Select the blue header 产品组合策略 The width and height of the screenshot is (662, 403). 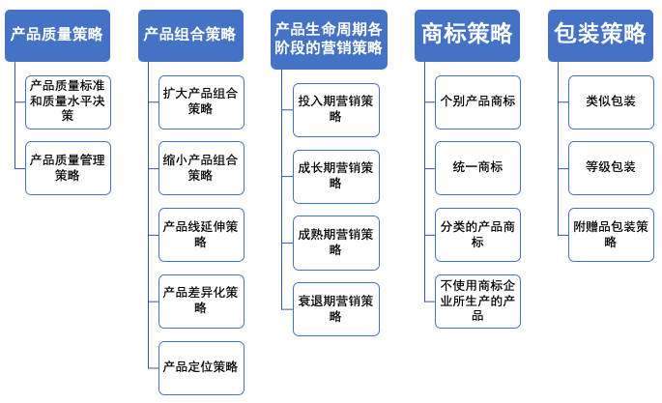pos(189,35)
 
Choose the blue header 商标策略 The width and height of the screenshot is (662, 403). pos(467,35)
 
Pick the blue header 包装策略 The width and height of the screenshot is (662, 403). pos(599,35)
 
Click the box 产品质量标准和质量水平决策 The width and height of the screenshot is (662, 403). pos(68,101)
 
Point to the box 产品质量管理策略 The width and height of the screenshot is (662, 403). pos(68,167)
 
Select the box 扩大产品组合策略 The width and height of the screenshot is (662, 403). pos(201,101)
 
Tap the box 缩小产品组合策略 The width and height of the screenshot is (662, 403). pos(201,167)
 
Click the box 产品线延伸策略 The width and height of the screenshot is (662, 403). pos(201,234)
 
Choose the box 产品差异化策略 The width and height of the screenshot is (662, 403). pos(201,301)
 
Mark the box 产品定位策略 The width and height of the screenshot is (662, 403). pos(201,367)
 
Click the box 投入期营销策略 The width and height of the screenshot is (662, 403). pos(335,108)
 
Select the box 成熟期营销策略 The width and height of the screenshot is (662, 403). pos(335,242)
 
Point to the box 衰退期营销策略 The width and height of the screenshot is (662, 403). pos(335,308)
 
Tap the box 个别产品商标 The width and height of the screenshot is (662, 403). pos(477,101)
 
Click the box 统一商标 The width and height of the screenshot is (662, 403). pos(477,167)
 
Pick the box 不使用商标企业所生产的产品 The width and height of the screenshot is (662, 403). pos(477,301)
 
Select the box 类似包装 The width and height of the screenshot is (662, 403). pos(610,101)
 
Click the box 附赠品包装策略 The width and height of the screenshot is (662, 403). pos(610,234)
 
